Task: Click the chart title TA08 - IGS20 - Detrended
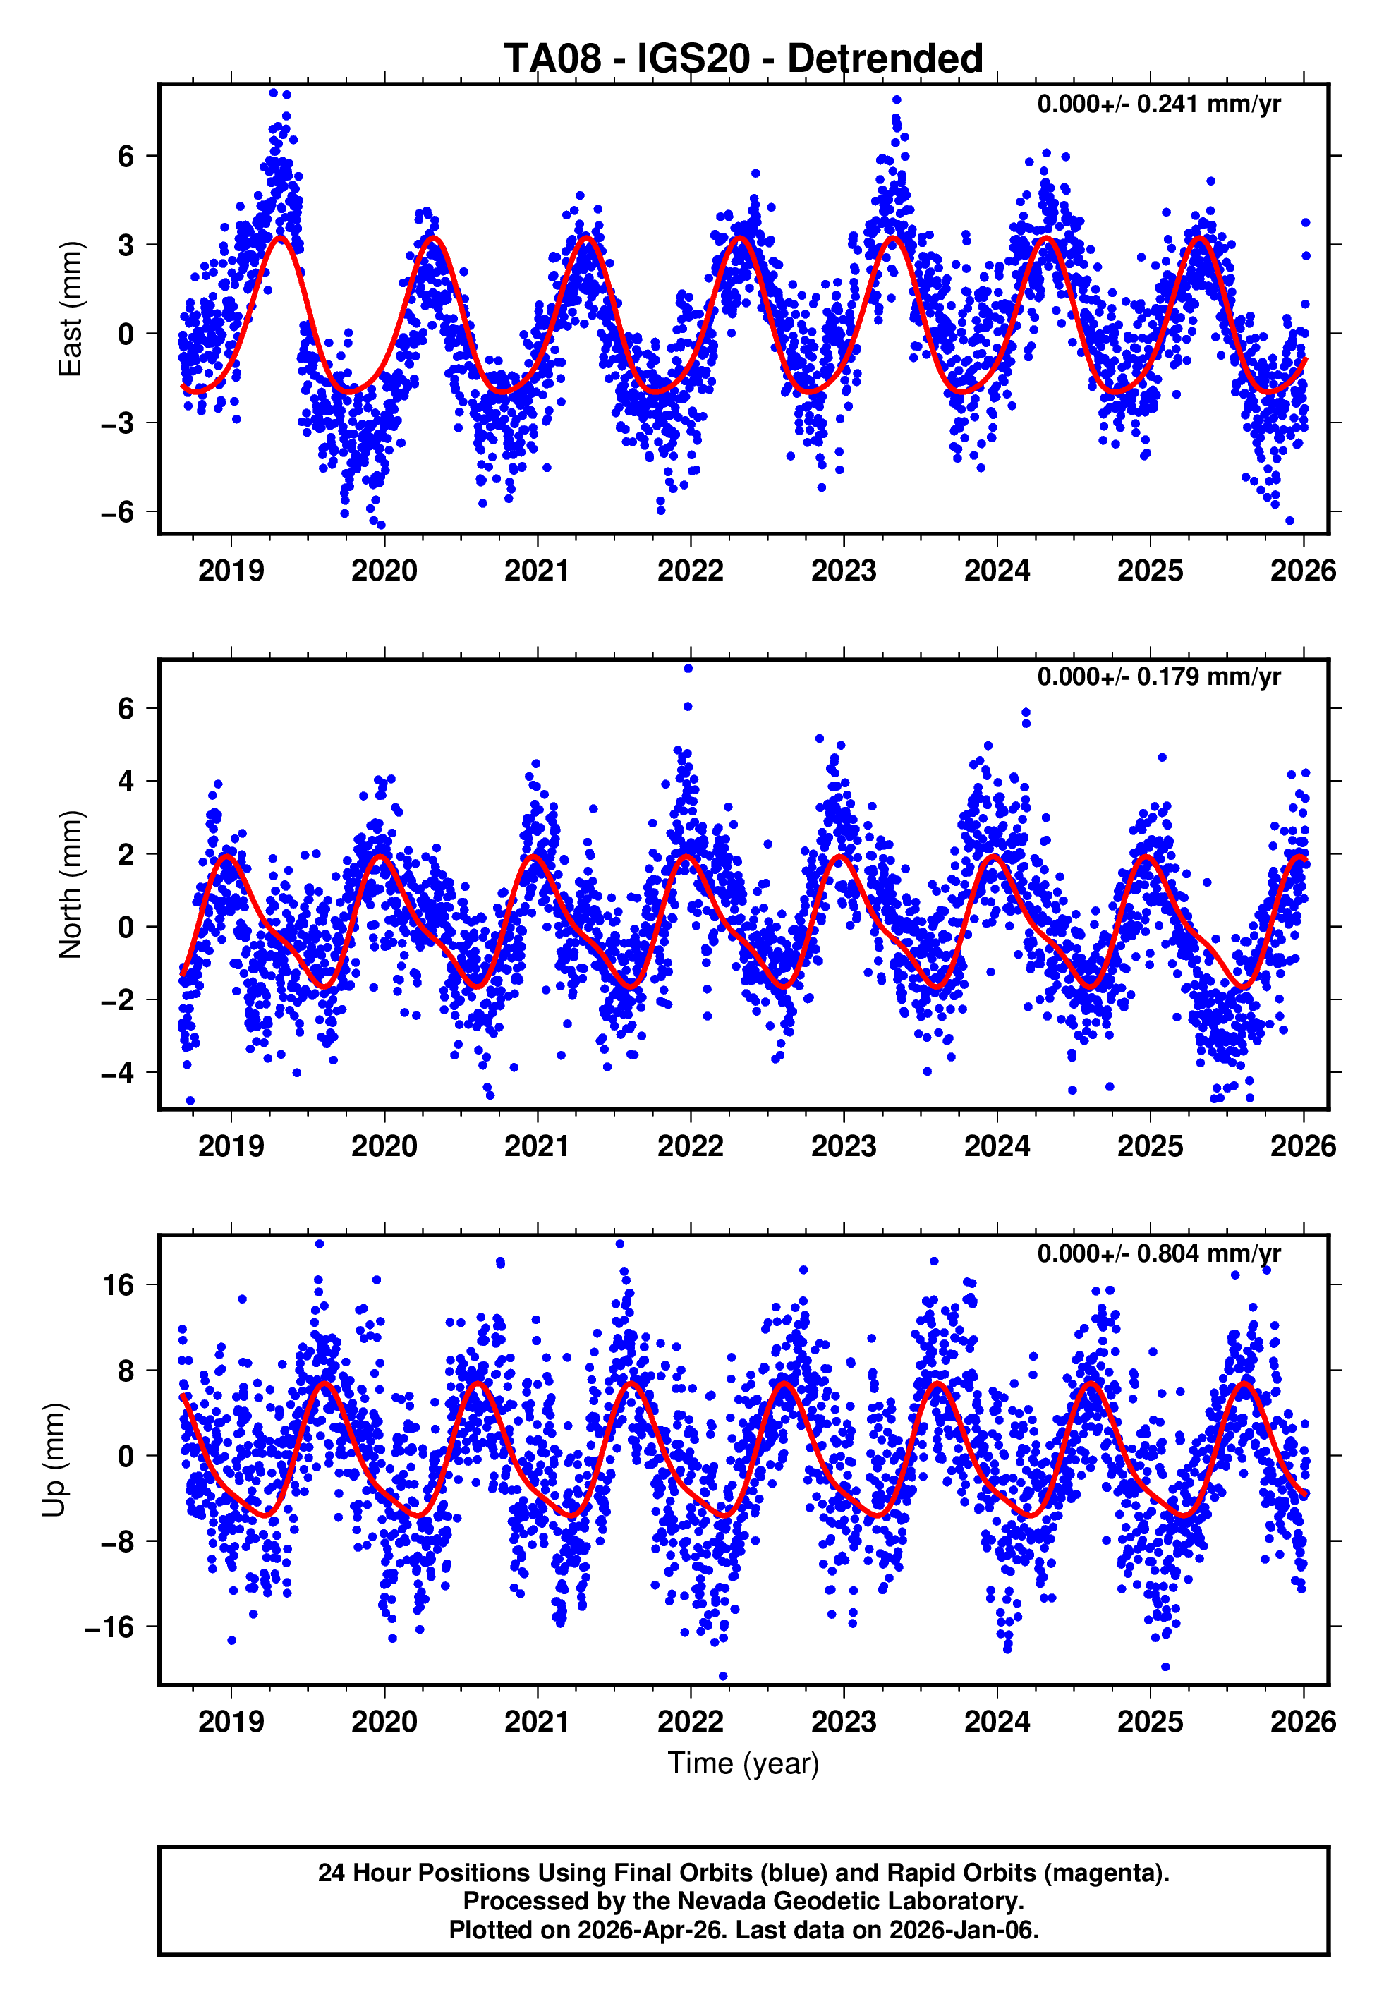pyautogui.click(x=743, y=59)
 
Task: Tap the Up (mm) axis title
pyautogui.click(x=54, y=1460)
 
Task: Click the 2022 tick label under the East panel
pyautogui.click(x=691, y=571)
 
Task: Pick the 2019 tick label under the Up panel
pyautogui.click(x=231, y=1722)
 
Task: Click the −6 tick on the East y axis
pyautogui.click(x=118, y=512)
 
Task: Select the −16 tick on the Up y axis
pyautogui.click(x=110, y=1628)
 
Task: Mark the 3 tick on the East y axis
pyautogui.click(x=126, y=245)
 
